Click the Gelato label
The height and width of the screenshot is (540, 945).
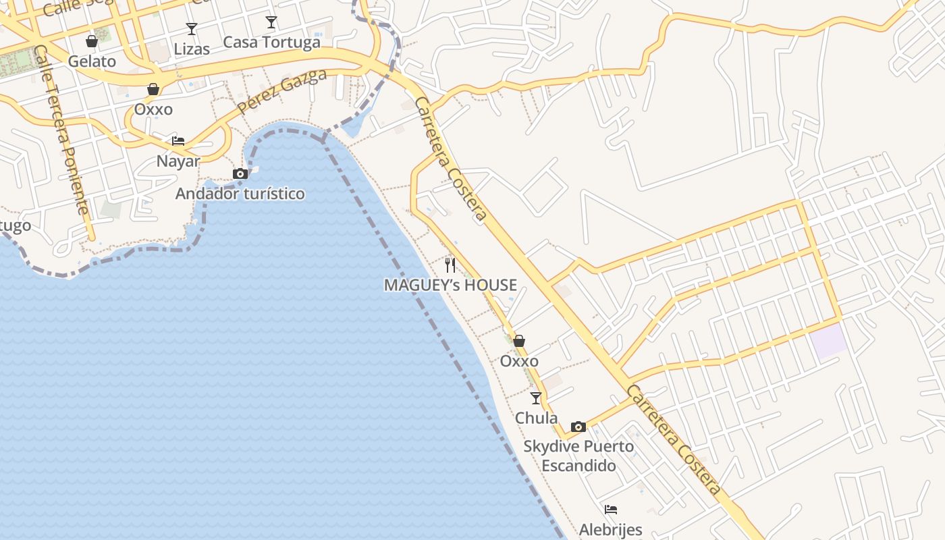pyautogui.click(x=92, y=61)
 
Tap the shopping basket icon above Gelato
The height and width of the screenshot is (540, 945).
pyautogui.click(x=92, y=41)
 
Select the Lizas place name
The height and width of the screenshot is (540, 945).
pyautogui.click(x=192, y=49)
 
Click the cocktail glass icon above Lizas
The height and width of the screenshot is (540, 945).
pyautogui.click(x=192, y=29)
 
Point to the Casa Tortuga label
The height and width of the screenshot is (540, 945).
pyautogui.click(x=271, y=42)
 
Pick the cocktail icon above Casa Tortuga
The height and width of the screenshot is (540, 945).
pyautogui.click(x=271, y=22)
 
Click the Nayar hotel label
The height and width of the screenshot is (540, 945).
pyautogui.click(x=178, y=161)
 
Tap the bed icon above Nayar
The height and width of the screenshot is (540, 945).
pyautogui.click(x=178, y=140)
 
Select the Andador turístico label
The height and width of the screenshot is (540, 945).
pyautogui.click(x=240, y=194)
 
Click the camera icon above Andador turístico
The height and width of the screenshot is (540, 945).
pyautogui.click(x=240, y=174)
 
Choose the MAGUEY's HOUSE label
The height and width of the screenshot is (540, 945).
pyautogui.click(x=450, y=285)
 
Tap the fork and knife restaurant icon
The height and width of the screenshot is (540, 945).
pyautogui.click(x=450, y=265)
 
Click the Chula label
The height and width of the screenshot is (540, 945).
pyautogui.click(x=536, y=418)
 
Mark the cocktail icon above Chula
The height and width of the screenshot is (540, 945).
pyautogui.click(x=536, y=398)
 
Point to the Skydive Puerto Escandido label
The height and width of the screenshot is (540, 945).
pyautogui.click(x=578, y=456)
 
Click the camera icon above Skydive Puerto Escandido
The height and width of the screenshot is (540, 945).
pyautogui.click(x=578, y=427)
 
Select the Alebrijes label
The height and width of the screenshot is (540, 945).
pyautogui.click(x=610, y=529)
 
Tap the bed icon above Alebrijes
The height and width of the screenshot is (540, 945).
pyautogui.click(x=611, y=510)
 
